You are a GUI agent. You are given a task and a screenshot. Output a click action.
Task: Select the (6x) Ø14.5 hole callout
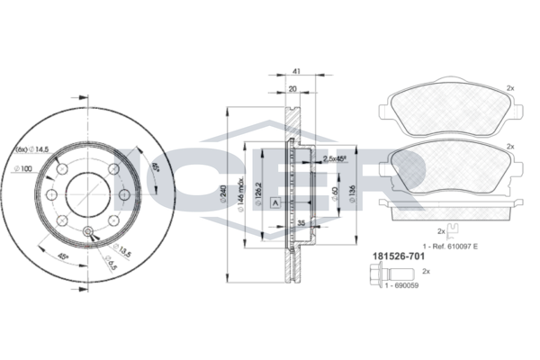coord(32,148)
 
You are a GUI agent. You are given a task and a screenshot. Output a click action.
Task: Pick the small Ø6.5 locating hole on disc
coord(87,234)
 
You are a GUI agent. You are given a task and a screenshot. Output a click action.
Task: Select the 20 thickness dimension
coord(293,89)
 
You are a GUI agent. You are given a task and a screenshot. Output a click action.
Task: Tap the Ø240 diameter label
coord(224,193)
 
